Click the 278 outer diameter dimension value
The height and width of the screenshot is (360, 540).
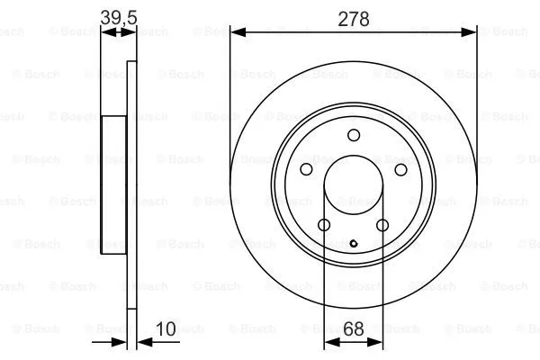coord(354,18)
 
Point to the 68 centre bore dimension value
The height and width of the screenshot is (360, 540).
coord(354,329)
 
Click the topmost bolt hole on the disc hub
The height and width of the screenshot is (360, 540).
coord(354,135)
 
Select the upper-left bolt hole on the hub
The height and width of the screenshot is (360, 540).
coord(306,169)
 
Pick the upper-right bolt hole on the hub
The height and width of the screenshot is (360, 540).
coord(401,169)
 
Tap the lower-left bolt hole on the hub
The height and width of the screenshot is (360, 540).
coord(324,225)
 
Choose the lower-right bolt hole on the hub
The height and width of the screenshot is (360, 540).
coord(382,225)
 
